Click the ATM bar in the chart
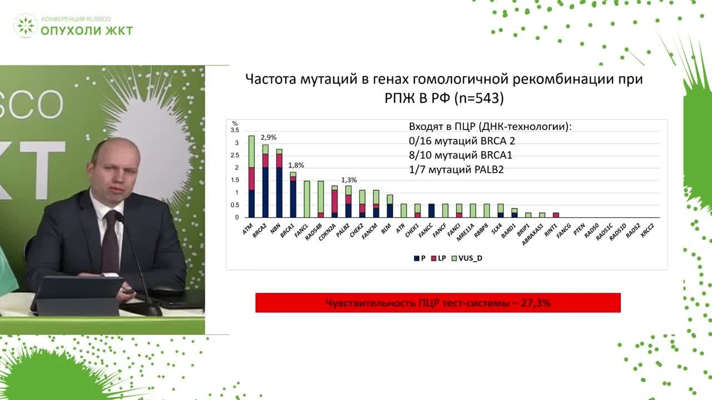pos(251,177)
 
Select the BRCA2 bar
pos(265,181)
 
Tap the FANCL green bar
pos(306,199)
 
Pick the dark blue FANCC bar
pos(431,211)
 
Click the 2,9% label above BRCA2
pos(269,137)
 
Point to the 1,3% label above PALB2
pos(349,180)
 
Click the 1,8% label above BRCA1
pos(296,165)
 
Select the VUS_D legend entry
pos(468,258)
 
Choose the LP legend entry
pos(439,258)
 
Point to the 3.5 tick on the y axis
pos(235,131)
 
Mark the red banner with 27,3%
pos(438,303)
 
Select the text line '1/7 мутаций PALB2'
pos(456,169)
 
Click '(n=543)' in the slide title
pos(479,98)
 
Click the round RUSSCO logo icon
pos(26,26)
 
